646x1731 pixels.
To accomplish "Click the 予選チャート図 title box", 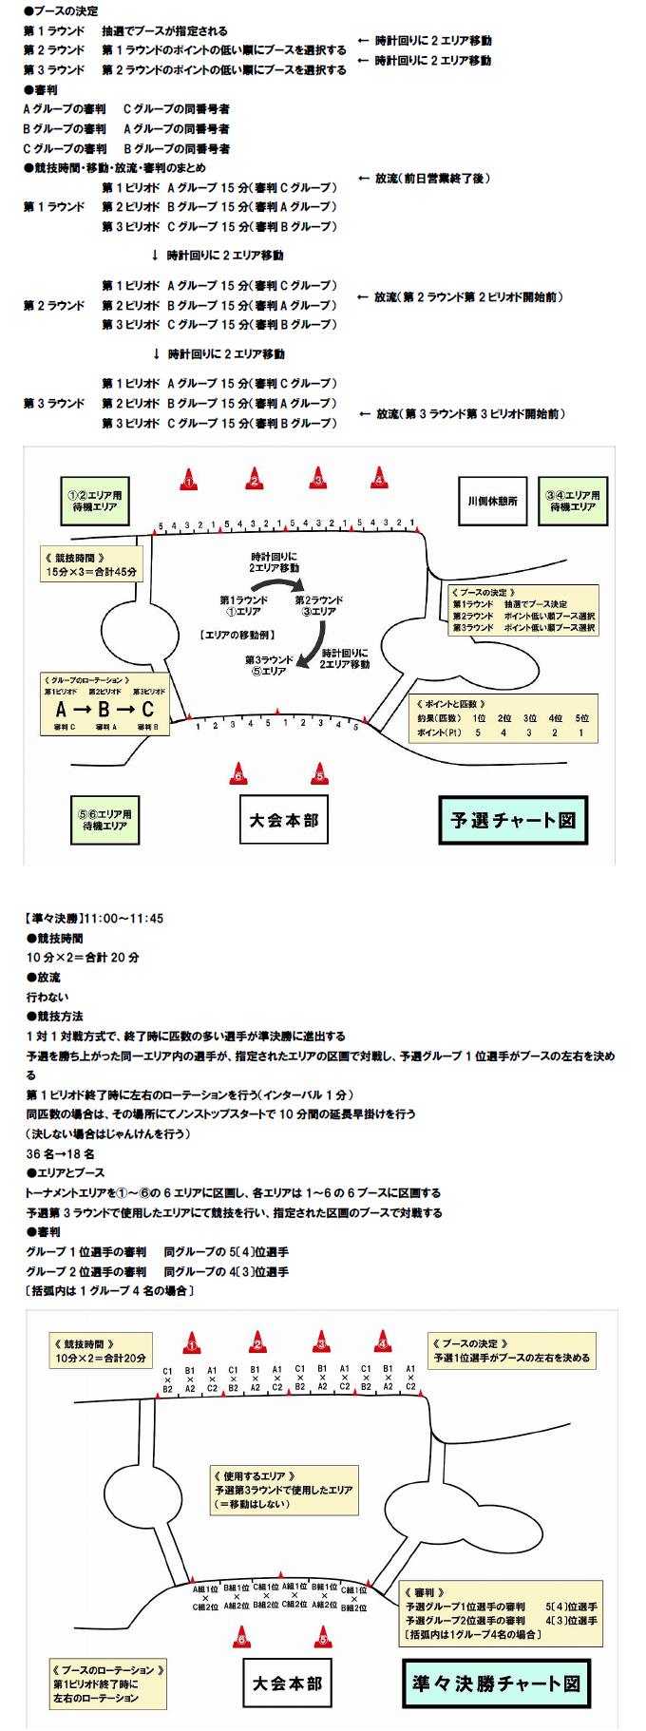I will pos(513,820).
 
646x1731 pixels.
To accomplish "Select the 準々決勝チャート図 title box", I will pos(496,1683).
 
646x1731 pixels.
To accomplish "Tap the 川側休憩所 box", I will pos(492,501).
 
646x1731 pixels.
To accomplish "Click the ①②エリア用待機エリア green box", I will pos(95,501).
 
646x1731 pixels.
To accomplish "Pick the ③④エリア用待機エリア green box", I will pos(572,501).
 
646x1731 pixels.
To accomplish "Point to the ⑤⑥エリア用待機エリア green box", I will pos(108,820).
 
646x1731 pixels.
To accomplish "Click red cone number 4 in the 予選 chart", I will pos(379,478).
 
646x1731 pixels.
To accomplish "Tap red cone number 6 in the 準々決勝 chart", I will pos(242,1637).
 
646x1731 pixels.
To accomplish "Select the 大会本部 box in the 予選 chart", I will pos(284,820).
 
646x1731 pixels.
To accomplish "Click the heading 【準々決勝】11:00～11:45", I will pos(94,919).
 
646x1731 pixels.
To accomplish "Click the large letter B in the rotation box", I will pos(104,710).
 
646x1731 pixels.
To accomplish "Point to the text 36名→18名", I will pos(60,1153).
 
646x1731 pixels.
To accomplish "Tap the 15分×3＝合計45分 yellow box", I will pos(91,564).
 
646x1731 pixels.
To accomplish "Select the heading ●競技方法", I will pos(54,1016).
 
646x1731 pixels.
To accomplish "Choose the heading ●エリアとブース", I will pos(66,1172).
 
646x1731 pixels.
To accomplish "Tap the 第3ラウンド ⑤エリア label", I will pos(269,665).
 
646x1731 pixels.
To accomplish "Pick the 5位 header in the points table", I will pos(581,718).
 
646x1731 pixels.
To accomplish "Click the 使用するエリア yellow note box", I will pos(283,1490).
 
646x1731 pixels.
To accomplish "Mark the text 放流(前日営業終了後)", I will pos(432,179).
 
